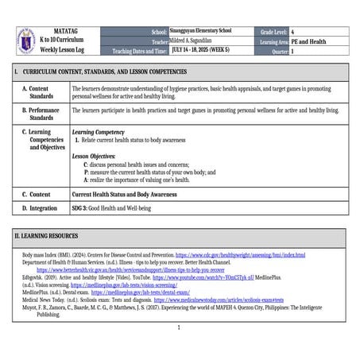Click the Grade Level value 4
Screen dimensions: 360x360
(x=293, y=31)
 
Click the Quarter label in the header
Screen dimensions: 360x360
(x=275, y=50)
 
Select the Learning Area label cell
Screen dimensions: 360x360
(x=272, y=41)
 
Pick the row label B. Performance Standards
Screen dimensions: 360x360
(x=45, y=113)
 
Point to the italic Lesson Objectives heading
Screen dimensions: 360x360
(x=94, y=157)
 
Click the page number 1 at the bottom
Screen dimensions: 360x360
(x=180, y=327)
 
